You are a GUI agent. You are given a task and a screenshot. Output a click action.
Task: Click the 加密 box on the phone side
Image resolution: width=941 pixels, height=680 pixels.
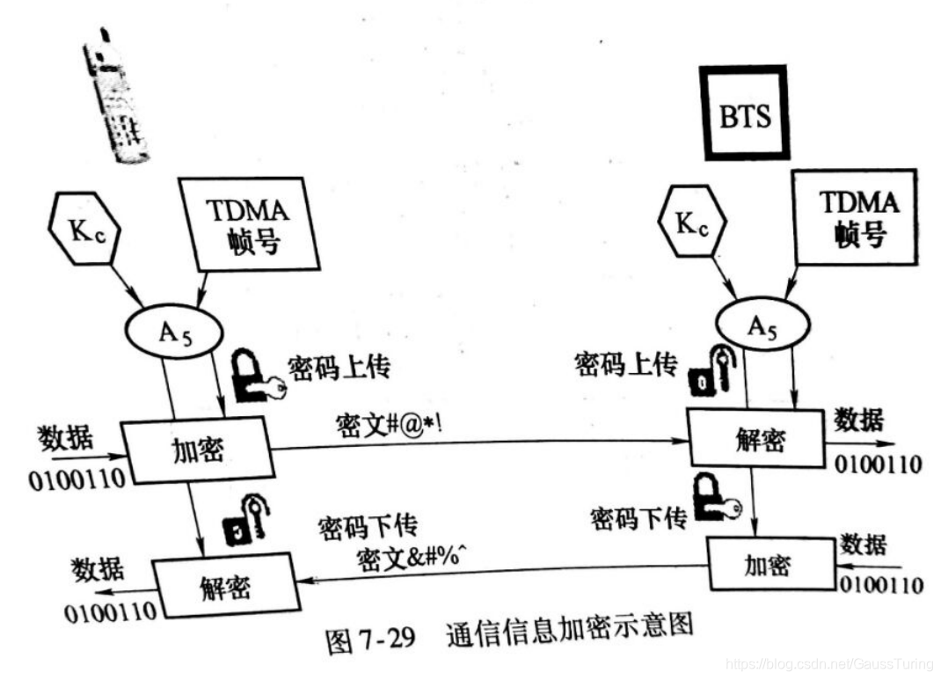(195, 450)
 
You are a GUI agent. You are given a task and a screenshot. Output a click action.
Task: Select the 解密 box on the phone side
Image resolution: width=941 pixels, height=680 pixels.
(223, 583)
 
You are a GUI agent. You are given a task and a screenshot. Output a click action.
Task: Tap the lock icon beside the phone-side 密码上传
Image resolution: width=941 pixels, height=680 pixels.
(255, 375)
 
